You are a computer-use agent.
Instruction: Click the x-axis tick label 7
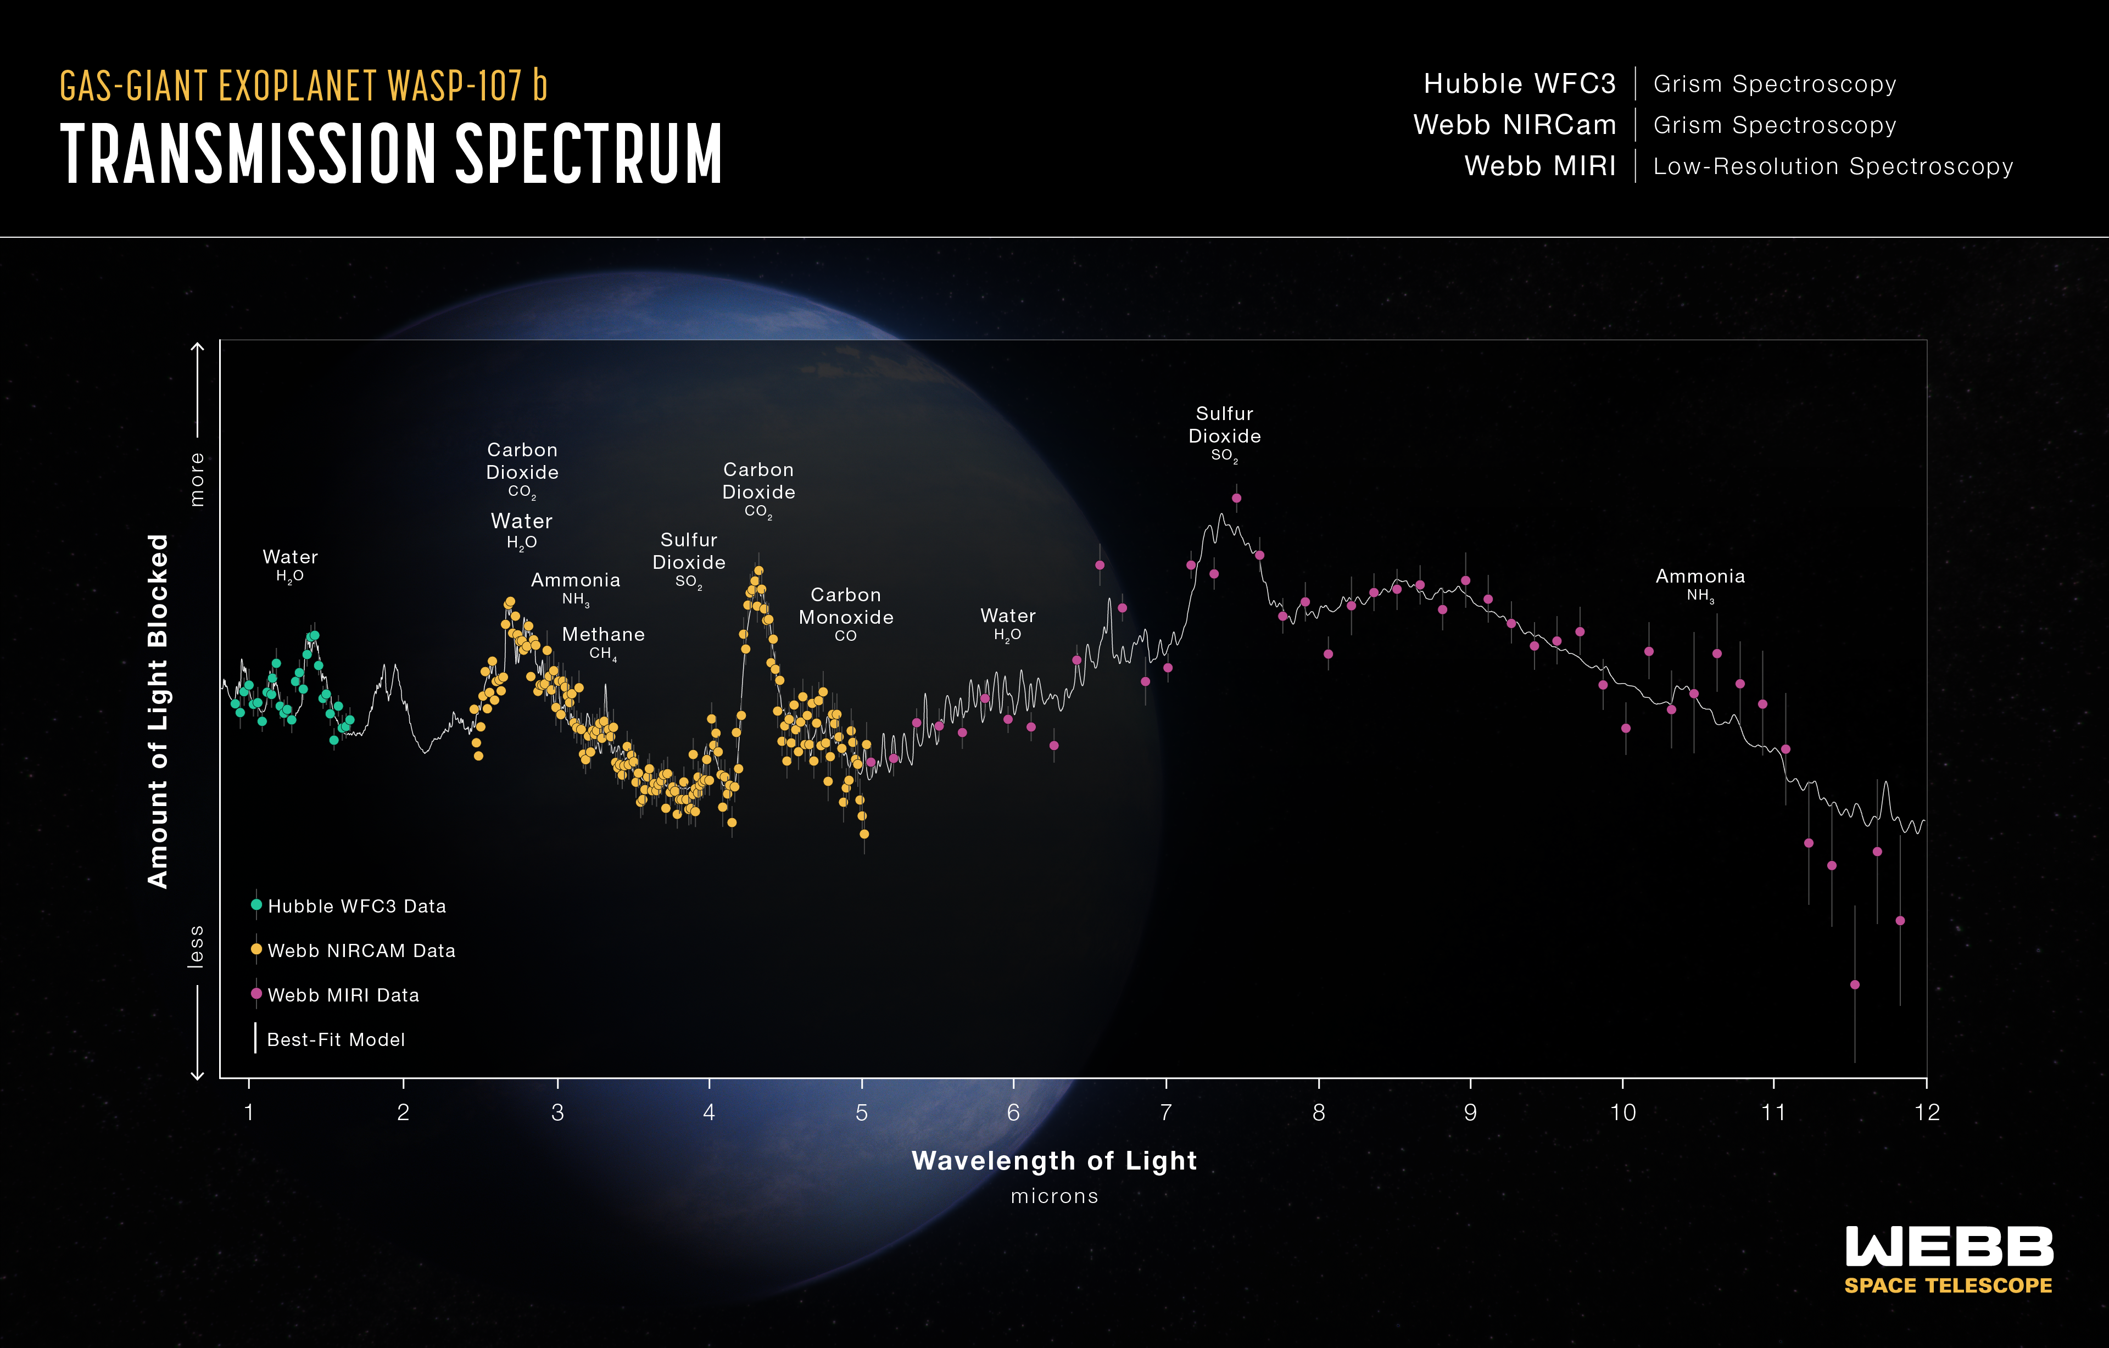click(1166, 1112)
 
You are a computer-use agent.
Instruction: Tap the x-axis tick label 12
click(1927, 1112)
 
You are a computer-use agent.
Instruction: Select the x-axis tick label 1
click(249, 1112)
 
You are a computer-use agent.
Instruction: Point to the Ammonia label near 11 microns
click(1700, 584)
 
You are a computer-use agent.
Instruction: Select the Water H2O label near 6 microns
click(1007, 624)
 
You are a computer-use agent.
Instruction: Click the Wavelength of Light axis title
click(1054, 1161)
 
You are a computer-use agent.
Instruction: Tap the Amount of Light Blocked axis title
click(158, 711)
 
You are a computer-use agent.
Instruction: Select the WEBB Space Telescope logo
click(1948, 1260)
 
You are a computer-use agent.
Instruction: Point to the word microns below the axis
click(1054, 1196)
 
